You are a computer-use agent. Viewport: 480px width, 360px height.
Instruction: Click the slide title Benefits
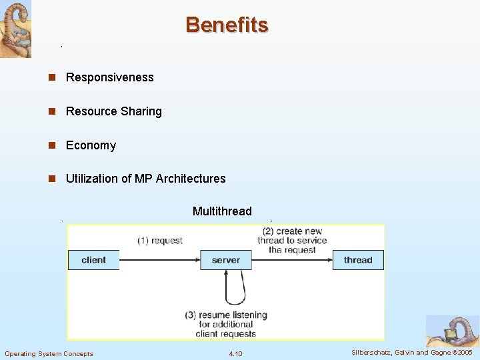(x=227, y=25)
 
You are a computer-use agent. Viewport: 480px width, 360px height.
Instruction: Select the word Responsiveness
(x=109, y=77)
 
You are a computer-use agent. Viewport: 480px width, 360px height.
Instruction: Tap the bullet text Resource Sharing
(x=113, y=111)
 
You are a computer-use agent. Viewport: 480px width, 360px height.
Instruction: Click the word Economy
(x=91, y=145)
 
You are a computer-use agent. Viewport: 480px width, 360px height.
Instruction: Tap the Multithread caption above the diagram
(x=222, y=211)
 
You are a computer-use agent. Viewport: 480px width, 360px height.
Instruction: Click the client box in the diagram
(x=93, y=260)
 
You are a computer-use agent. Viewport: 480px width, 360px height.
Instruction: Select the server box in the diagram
(x=226, y=260)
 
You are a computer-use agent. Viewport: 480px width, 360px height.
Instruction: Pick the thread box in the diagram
(x=358, y=260)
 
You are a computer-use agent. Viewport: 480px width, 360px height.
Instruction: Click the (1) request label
(x=160, y=240)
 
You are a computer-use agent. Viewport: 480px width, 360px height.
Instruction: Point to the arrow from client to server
(x=160, y=260)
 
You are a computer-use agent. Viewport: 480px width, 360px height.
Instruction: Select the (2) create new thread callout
(x=293, y=240)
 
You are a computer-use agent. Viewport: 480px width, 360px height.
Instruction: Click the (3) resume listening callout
(x=226, y=323)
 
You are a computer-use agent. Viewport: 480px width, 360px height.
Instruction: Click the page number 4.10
(x=235, y=353)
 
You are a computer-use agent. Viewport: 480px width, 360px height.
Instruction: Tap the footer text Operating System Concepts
(x=49, y=353)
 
